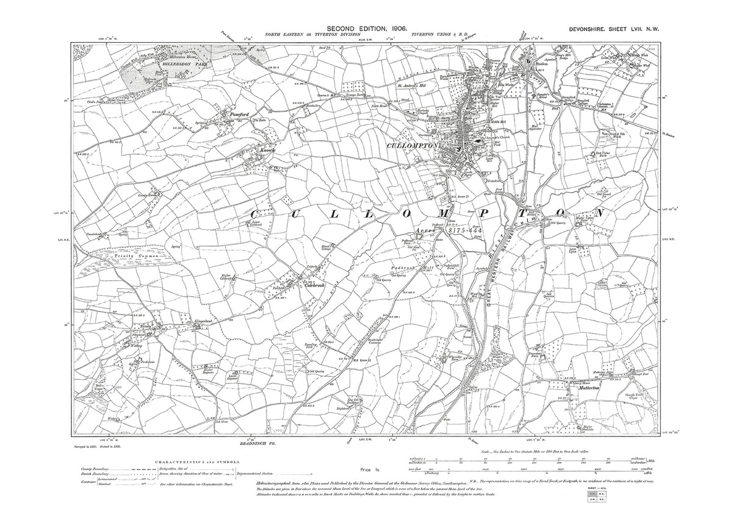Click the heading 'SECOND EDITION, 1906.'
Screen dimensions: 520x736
pyautogui.click(x=368, y=28)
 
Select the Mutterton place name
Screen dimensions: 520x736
pyautogui.click(x=584, y=386)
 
